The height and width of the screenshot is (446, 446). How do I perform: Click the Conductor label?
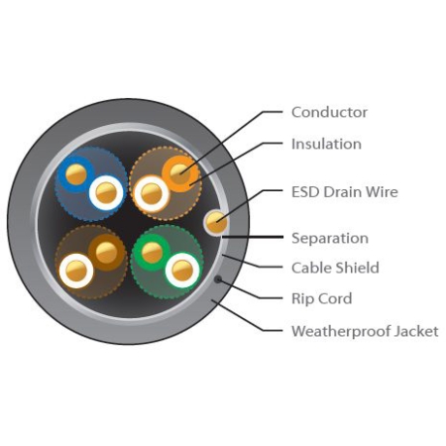(329, 112)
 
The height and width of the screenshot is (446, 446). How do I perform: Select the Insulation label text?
(326, 144)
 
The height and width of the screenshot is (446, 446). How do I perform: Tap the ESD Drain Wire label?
(345, 192)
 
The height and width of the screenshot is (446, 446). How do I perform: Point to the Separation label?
(330, 238)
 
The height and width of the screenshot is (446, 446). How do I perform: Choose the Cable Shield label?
(335, 268)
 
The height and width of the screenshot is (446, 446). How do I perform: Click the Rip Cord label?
(321, 298)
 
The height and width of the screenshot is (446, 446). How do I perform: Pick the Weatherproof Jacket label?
(365, 331)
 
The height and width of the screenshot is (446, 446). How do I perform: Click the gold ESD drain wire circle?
(216, 222)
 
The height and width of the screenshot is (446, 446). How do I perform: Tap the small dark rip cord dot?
(218, 279)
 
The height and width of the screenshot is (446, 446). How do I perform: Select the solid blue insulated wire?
(76, 174)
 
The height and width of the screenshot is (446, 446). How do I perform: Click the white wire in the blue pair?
(106, 193)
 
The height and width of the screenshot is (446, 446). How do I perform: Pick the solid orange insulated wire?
(179, 173)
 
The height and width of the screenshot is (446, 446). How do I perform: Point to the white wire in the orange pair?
(152, 193)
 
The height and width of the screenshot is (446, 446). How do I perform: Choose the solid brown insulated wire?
(106, 253)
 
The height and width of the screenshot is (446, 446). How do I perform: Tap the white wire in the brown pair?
(76, 271)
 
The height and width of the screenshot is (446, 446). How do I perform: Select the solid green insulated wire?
(153, 253)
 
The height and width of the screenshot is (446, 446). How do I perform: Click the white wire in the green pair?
(182, 271)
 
